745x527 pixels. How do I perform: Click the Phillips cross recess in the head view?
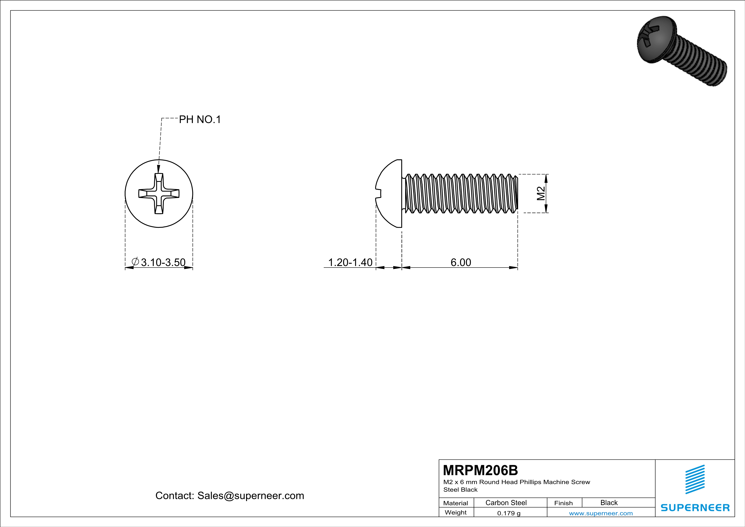point(159,193)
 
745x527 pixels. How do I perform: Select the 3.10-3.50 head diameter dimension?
point(163,262)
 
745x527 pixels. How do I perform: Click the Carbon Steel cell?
point(506,503)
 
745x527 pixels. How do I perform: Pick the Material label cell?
point(456,503)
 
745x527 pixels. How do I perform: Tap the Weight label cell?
point(456,512)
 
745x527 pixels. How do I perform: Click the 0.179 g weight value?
point(509,513)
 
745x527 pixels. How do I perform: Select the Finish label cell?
point(563,503)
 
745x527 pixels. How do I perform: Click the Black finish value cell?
point(609,503)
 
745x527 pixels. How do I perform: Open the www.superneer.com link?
point(601,513)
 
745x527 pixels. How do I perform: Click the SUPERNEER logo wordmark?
point(695,507)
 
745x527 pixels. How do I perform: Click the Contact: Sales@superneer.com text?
point(230,496)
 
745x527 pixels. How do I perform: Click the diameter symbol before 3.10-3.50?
point(135,262)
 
